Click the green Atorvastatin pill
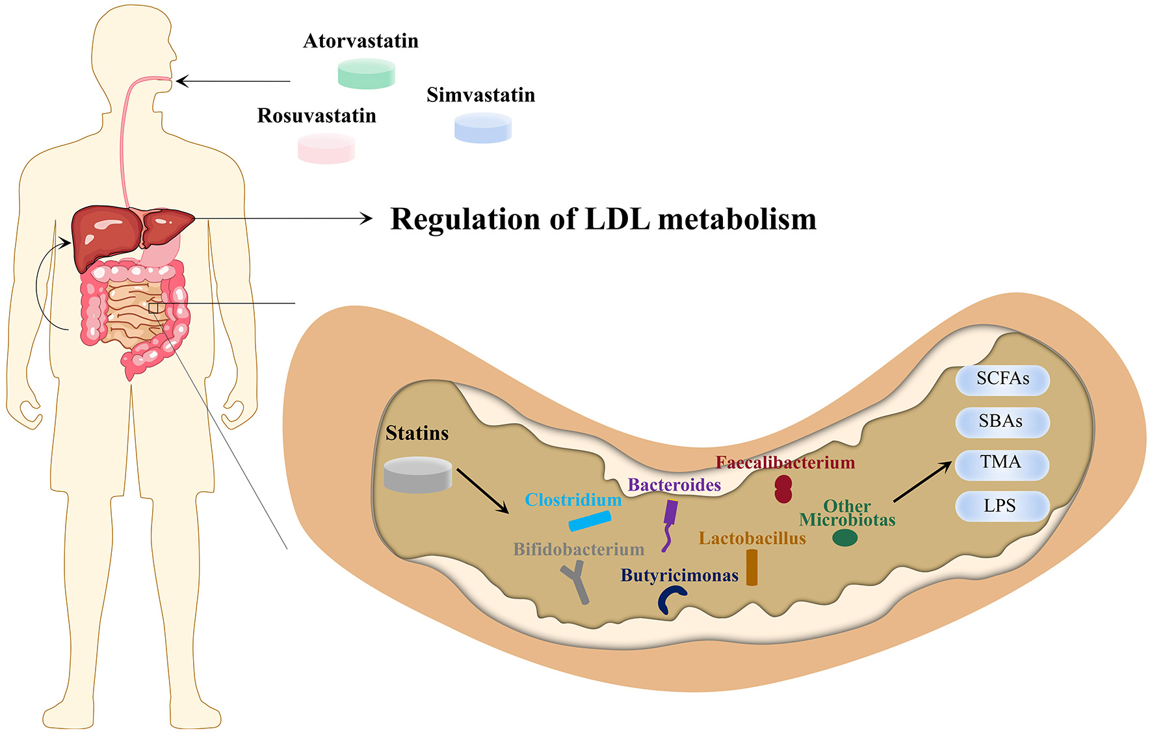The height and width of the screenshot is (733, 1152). click(367, 73)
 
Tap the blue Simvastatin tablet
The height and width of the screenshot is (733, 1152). click(482, 127)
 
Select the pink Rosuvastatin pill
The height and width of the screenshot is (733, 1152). click(326, 148)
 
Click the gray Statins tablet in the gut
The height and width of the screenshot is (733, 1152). click(417, 474)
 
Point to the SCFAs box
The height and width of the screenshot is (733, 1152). click(1002, 379)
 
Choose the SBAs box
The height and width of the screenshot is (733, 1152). click(1002, 422)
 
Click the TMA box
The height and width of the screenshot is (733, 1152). click(1002, 463)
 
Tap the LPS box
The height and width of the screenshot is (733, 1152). click(1002, 506)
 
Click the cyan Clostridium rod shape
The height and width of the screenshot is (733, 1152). click(590, 521)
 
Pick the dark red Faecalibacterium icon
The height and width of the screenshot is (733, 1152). click(783, 489)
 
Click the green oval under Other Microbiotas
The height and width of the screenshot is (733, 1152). click(844, 537)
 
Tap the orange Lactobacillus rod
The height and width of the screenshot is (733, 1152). click(752, 567)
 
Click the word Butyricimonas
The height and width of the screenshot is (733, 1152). click(679, 575)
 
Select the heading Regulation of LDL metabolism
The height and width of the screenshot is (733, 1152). click(603, 219)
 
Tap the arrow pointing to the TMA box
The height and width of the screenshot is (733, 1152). click(923, 482)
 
